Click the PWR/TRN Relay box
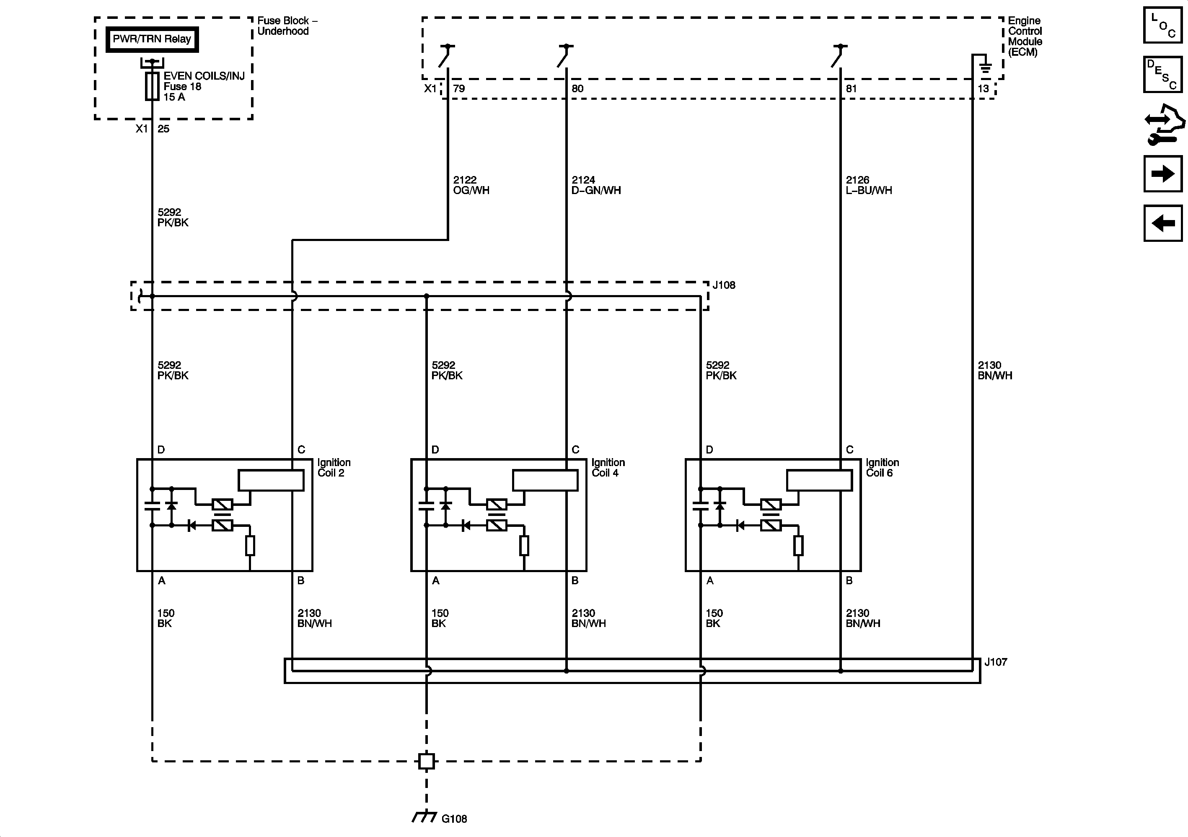(152, 39)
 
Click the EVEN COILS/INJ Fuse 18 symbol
(152, 86)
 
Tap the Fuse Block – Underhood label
(287, 26)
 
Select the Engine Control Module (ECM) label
(1025, 36)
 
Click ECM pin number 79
(458, 88)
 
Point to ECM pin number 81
(851, 88)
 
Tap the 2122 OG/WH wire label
(471, 185)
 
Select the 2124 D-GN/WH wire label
(595, 185)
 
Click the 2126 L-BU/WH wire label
(869, 185)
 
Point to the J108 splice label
(723, 285)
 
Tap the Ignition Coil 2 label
(334, 467)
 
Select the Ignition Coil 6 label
(882, 467)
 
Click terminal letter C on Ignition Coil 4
(575, 450)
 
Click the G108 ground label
(454, 819)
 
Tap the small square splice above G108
(426, 761)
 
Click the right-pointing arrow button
(1162, 174)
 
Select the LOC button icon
(1162, 25)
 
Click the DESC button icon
(1162, 75)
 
